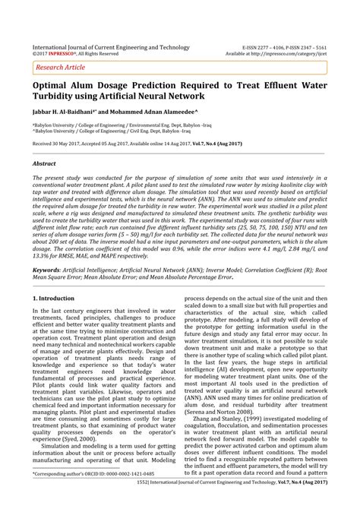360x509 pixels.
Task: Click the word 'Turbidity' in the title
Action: click(x=63, y=102)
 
